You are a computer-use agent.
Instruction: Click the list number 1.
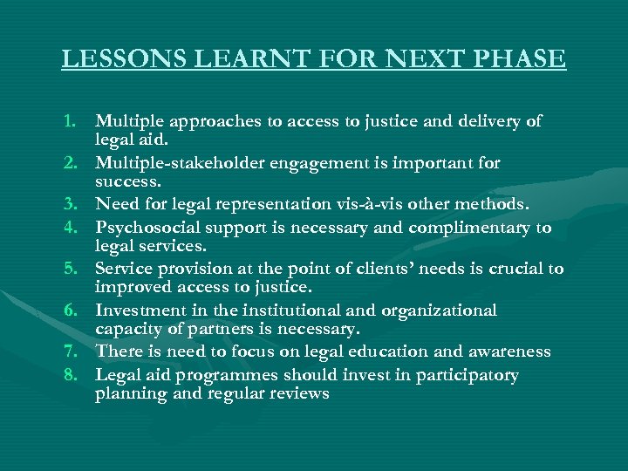coord(75,122)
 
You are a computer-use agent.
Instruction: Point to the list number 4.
coord(75,228)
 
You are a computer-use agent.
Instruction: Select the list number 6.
coord(75,311)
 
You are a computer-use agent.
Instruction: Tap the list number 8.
coord(75,375)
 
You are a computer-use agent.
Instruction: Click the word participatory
coord(461,375)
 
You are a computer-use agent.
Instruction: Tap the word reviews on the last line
coord(299,393)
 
